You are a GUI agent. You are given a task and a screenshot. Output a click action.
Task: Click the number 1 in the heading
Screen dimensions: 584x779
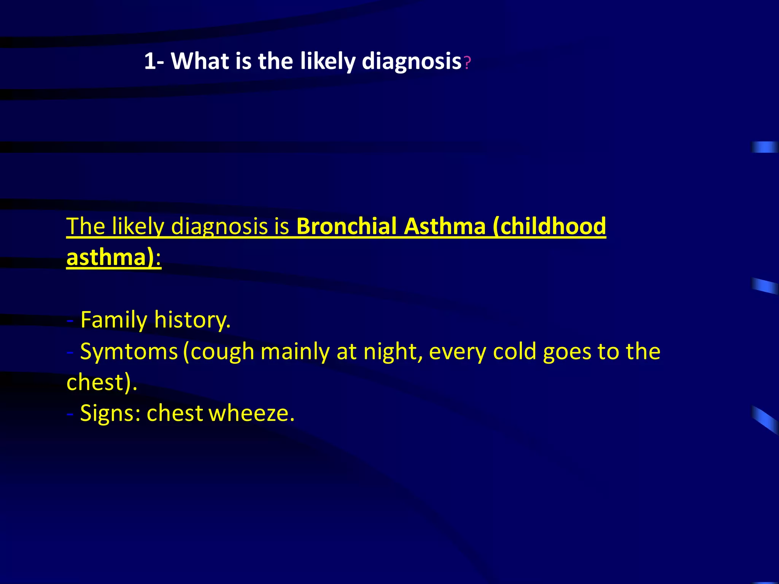coord(150,61)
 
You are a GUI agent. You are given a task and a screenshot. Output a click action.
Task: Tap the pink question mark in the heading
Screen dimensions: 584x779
coord(467,63)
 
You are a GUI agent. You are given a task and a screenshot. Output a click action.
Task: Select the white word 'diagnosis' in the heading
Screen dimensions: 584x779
coord(412,62)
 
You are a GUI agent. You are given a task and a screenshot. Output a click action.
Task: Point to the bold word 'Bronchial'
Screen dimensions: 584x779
coord(346,226)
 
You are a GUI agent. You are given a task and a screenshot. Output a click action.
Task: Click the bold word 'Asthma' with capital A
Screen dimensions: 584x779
coord(445,226)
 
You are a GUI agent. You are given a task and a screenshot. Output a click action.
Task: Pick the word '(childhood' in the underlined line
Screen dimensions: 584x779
coord(549,226)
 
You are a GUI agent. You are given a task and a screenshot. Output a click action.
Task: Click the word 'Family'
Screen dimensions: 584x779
coord(114,320)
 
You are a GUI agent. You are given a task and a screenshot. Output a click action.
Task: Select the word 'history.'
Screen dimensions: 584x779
coord(192,320)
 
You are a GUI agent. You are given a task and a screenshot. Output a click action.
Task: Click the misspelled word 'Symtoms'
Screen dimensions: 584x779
coord(129,351)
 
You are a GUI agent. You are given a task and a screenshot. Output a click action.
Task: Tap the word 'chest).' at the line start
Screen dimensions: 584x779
coord(102,382)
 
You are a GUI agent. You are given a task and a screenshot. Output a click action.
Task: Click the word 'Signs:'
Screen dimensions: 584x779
coord(110,413)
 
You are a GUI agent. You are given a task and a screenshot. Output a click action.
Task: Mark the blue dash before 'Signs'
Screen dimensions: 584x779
coord(70,414)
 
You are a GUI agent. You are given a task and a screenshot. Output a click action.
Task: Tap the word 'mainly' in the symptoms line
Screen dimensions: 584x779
coord(295,351)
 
